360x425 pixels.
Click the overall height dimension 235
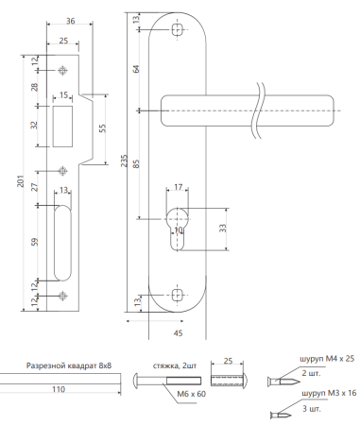[x=125, y=161]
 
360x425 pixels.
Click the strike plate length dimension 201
[x=21, y=181]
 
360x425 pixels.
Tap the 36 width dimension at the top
[x=70, y=21]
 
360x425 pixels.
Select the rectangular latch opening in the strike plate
[x=62, y=127]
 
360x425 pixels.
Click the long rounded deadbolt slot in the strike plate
[x=62, y=243]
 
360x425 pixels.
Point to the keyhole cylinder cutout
[x=178, y=229]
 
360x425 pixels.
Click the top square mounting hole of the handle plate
[x=178, y=29]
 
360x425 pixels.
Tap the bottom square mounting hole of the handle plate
[x=178, y=296]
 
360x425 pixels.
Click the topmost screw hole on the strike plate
[x=63, y=70]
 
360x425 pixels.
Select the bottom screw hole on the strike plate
[x=63, y=296]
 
